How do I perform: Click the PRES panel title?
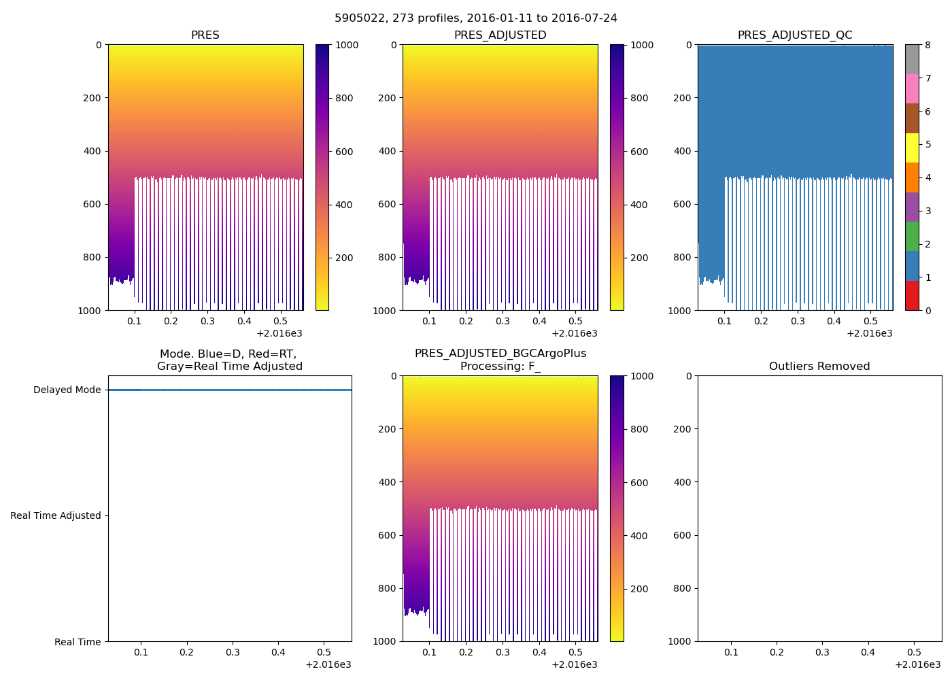[205, 35]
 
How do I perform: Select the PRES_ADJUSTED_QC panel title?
[795, 35]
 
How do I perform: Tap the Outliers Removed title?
[819, 367]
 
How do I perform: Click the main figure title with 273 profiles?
[475, 18]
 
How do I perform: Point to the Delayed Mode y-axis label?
[67, 390]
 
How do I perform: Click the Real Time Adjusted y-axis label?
[55, 516]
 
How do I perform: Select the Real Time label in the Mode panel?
[78, 642]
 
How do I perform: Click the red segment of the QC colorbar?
[912, 296]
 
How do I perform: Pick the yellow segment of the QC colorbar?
[912, 148]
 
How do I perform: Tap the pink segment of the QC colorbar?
[912, 89]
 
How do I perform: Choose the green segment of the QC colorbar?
[912, 237]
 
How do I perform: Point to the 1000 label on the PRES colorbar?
[347, 46]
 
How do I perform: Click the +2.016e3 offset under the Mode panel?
[328, 664]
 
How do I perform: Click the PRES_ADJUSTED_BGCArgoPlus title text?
[500, 354]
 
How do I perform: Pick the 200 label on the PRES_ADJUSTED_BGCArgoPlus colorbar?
[639, 589]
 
